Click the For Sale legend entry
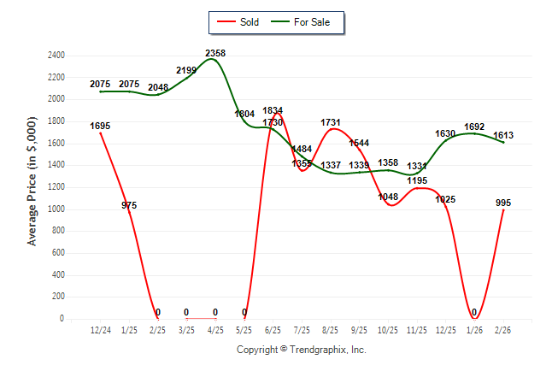click(x=304, y=22)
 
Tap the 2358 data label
click(x=215, y=53)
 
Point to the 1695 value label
click(x=100, y=126)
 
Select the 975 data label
click(x=129, y=205)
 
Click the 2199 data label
click(x=186, y=70)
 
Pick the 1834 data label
click(x=273, y=110)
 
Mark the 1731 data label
click(x=331, y=122)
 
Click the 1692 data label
click(x=474, y=127)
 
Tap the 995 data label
click(x=504, y=203)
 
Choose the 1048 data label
click(x=388, y=197)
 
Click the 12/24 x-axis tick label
click(x=100, y=329)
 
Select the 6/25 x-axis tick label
click(x=273, y=329)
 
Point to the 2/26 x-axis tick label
click(x=504, y=329)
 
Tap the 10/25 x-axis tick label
click(x=389, y=329)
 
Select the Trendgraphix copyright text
click(x=301, y=350)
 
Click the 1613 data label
click(x=504, y=136)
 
